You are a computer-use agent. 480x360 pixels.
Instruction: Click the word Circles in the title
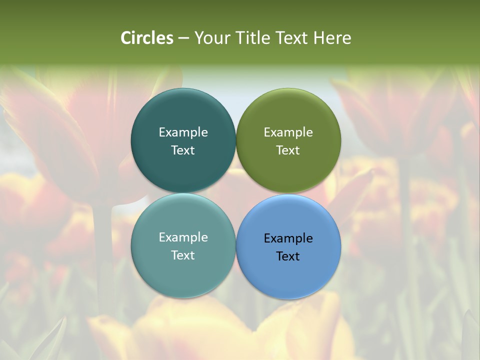click(x=147, y=38)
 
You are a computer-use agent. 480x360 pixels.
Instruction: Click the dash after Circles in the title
click(x=183, y=38)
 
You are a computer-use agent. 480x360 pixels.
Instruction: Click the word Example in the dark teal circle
click(x=183, y=132)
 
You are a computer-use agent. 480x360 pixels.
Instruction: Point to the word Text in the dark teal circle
click(x=183, y=150)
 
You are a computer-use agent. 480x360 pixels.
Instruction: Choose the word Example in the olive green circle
click(x=288, y=132)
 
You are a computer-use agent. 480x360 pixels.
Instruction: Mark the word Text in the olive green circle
click(x=288, y=150)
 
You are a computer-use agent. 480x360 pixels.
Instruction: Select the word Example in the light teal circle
click(x=183, y=237)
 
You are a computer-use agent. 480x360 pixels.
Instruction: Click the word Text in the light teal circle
click(x=183, y=255)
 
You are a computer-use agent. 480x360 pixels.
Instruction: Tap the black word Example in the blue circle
click(x=288, y=238)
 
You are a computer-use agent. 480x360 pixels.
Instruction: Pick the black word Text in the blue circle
click(x=288, y=256)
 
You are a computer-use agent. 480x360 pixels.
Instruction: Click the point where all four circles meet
click(x=236, y=193)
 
